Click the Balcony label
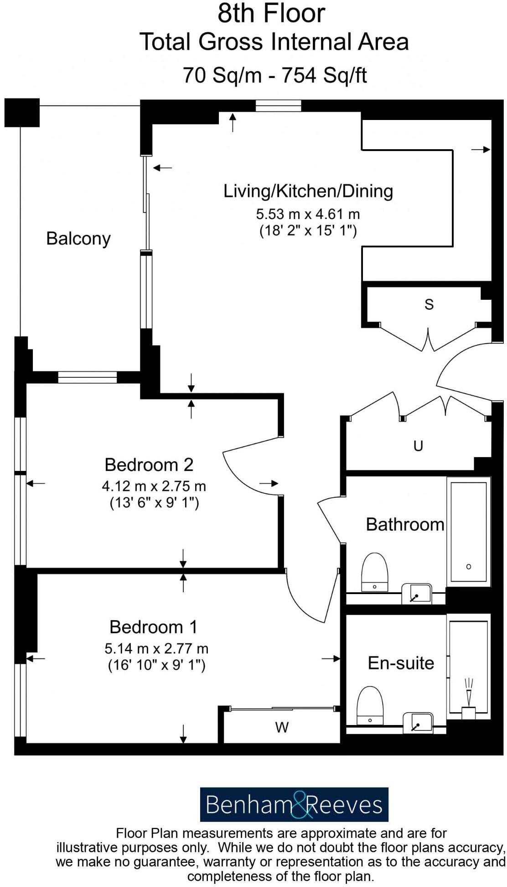click(78, 239)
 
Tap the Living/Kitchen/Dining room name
click(308, 191)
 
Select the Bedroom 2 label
click(149, 464)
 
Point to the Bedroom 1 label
click(154, 627)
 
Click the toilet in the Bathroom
click(374, 572)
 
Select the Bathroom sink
click(417, 594)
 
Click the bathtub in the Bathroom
click(469, 532)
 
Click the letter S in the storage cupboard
click(429, 304)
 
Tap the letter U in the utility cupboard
click(418, 445)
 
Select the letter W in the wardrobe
click(282, 727)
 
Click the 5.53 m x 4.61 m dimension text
click(308, 214)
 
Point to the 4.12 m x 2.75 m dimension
click(154, 486)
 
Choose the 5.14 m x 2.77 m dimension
click(156, 648)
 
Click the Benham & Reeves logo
click(294, 804)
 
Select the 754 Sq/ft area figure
click(324, 75)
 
